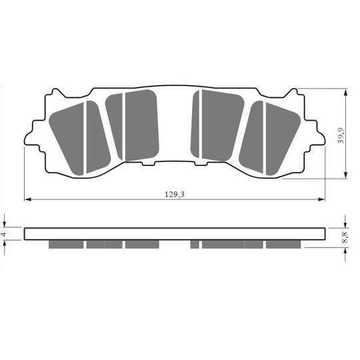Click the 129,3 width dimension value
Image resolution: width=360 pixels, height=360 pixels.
coord(175,195)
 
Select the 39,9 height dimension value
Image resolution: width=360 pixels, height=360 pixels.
coord(341,135)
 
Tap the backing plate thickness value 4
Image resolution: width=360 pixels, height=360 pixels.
coord(4,234)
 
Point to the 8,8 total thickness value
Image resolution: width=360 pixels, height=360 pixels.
coord(345,237)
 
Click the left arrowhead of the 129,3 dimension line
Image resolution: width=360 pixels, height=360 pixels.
coord(27,199)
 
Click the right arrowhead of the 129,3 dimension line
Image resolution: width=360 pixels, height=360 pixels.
coord(321,199)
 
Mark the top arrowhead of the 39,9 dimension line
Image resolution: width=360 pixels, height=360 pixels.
coord(346,92)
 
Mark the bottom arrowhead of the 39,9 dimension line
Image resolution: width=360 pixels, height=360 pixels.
coord(346,175)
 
